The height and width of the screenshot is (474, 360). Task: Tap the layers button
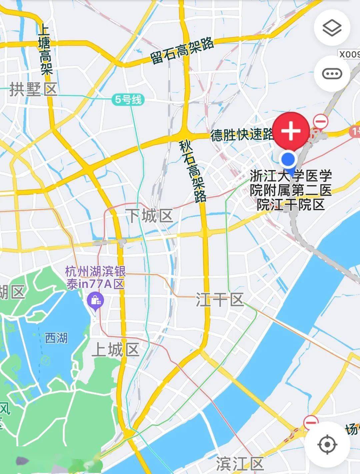pyautogui.click(x=332, y=28)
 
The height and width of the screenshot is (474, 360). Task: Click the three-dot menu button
pyautogui.click(x=332, y=73)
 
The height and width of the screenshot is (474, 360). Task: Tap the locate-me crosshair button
pyautogui.click(x=327, y=444)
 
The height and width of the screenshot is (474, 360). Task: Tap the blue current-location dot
pyautogui.click(x=289, y=159)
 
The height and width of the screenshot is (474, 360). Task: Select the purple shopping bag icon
pyautogui.click(x=95, y=301)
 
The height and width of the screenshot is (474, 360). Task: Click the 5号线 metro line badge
pyautogui.click(x=128, y=99)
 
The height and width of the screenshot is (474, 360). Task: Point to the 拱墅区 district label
pyautogui.click(x=33, y=89)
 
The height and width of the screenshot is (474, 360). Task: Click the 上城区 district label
pyautogui.click(x=115, y=350)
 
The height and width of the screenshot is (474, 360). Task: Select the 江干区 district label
pyautogui.click(x=219, y=300)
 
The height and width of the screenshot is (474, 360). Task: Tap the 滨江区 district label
pyautogui.click(x=240, y=464)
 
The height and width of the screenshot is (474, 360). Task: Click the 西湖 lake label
pyautogui.click(x=56, y=338)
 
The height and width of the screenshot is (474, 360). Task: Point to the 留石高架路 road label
pyautogui.click(x=182, y=51)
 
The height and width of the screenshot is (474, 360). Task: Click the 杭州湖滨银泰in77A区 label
pyautogui.click(x=95, y=278)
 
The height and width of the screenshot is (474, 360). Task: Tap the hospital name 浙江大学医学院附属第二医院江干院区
pyautogui.click(x=291, y=190)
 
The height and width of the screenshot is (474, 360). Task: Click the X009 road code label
pyautogui.click(x=349, y=54)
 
